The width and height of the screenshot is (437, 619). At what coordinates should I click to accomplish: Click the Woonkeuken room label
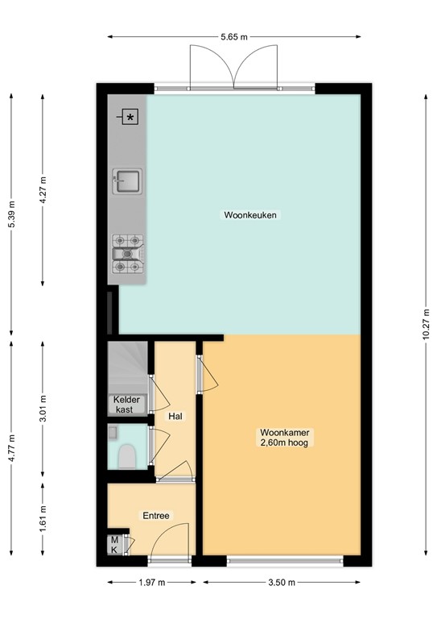tap(245, 215)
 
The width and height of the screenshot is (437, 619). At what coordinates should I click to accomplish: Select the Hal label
tap(175, 417)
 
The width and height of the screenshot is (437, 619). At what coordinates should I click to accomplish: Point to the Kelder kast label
tap(128, 405)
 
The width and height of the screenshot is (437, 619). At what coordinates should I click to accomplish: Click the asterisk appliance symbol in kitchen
tap(131, 118)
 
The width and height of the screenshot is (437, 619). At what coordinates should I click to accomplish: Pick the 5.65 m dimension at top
tap(233, 36)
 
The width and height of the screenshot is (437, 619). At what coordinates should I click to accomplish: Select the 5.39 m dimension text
tap(11, 214)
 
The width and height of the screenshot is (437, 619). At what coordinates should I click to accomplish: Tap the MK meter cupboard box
tap(114, 545)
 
